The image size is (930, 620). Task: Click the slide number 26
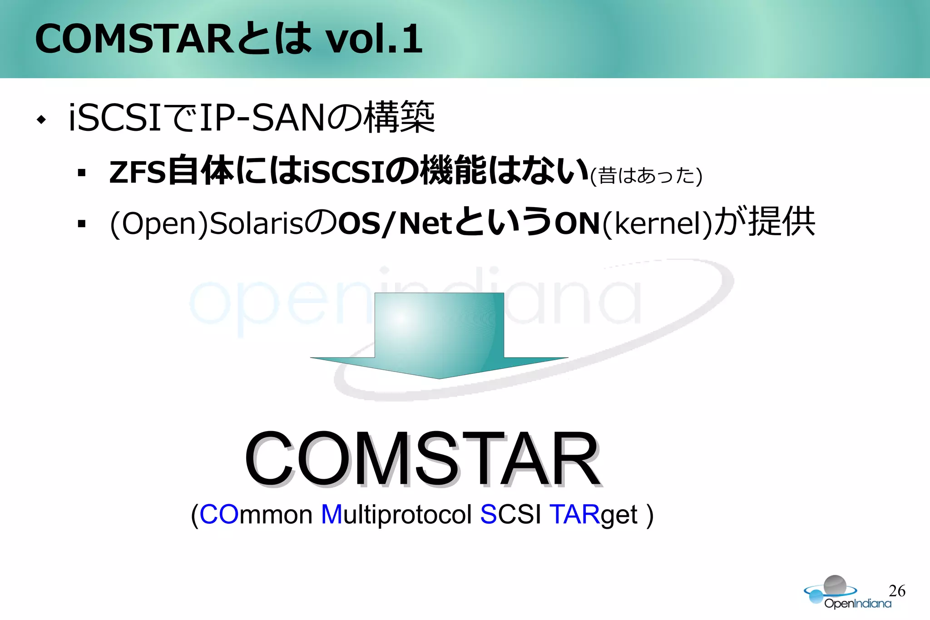(897, 590)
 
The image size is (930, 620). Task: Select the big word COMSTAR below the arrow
(423, 459)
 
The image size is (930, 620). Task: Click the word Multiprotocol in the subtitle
(396, 515)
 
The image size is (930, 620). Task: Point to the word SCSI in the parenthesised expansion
(510, 515)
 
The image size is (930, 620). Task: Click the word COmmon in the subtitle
(256, 515)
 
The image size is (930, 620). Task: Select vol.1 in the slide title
(375, 39)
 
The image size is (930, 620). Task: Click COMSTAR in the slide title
(134, 39)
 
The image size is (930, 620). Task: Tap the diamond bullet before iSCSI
(42, 120)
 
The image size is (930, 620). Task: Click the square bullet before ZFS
(82, 173)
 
